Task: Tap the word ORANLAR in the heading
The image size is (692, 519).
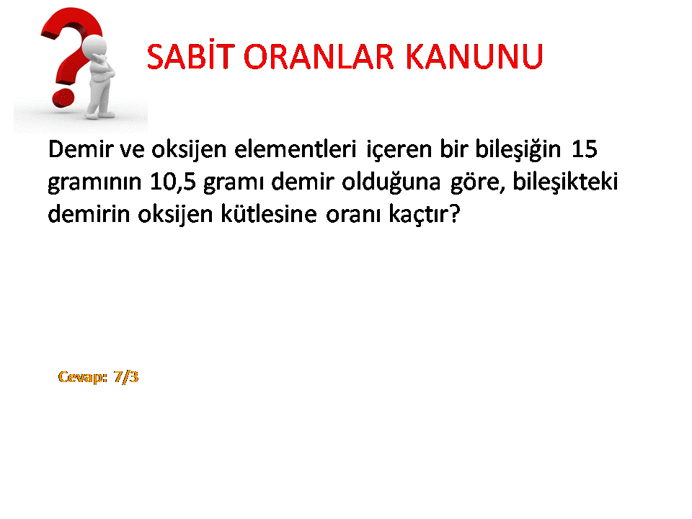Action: click(x=318, y=56)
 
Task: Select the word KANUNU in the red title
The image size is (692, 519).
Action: click(x=474, y=56)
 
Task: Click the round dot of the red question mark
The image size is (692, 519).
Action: click(x=63, y=97)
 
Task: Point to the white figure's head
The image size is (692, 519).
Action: click(x=95, y=46)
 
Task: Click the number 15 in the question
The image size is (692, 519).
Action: click(x=585, y=149)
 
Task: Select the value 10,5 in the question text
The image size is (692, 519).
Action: click(x=172, y=182)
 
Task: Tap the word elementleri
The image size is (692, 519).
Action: click(x=295, y=148)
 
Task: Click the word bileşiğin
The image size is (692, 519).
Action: click(x=518, y=150)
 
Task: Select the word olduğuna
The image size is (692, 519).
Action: click(x=391, y=182)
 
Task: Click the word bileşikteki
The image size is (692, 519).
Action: click(x=565, y=182)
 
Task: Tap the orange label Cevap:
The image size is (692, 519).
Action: click(x=82, y=377)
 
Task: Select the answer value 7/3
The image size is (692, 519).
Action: click(x=126, y=377)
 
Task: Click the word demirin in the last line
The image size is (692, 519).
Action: click(x=89, y=214)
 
